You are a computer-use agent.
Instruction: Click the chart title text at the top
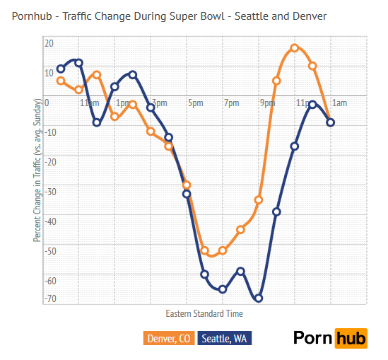click(x=170, y=16)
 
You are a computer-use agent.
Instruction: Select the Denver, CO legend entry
click(x=169, y=339)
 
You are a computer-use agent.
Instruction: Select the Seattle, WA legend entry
click(x=225, y=339)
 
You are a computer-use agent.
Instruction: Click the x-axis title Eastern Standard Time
click(x=204, y=313)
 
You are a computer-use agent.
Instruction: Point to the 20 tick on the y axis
click(x=49, y=43)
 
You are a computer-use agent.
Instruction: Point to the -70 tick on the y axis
click(x=49, y=299)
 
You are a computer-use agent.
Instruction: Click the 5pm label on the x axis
click(x=195, y=103)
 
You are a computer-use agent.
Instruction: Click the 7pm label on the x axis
click(x=231, y=103)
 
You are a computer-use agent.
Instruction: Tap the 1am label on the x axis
click(x=339, y=103)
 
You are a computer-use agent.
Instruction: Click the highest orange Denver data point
click(x=295, y=48)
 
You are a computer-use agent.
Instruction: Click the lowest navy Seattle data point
click(x=259, y=298)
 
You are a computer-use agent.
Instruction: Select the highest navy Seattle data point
click(x=78, y=63)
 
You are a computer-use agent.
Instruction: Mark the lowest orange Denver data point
click(x=205, y=250)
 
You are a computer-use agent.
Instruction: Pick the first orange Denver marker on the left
click(x=61, y=81)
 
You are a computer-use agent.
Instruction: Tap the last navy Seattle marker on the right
click(x=330, y=122)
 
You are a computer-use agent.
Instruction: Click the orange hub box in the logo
click(x=351, y=338)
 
